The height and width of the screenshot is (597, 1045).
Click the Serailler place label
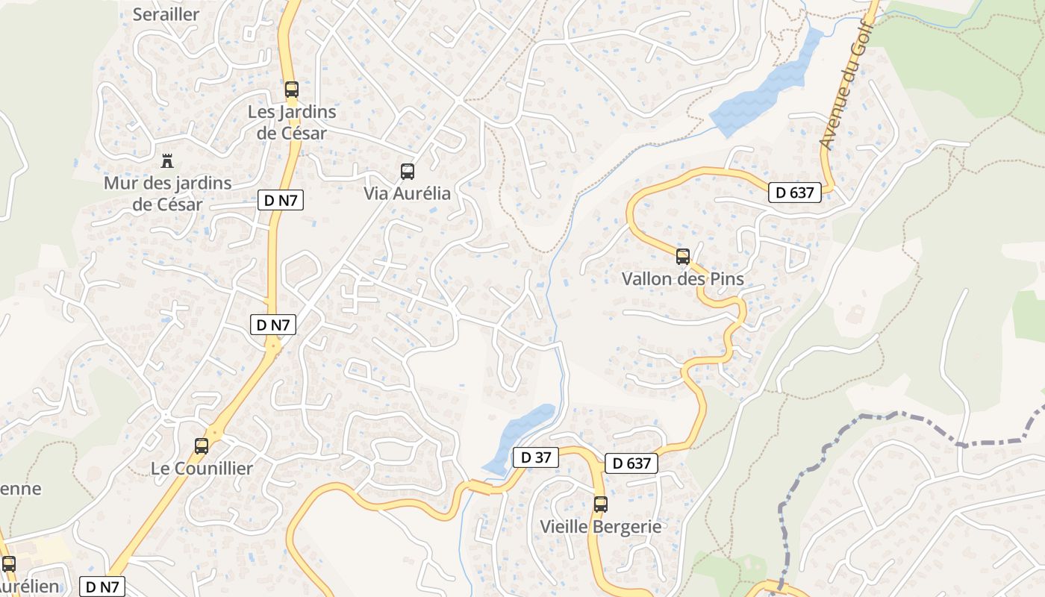pos(166,14)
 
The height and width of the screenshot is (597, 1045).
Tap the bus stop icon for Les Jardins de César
pos(292,90)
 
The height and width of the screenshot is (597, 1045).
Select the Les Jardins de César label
pos(291,122)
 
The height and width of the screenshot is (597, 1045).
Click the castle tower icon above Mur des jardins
pos(167,160)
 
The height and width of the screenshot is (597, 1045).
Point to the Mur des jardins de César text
pos(167,193)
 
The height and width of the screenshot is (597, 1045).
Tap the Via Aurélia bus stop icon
pos(408,172)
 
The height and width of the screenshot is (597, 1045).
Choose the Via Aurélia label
pos(407,194)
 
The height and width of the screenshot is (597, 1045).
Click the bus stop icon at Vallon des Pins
pos(683,257)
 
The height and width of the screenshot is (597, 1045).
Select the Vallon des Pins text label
pos(683,279)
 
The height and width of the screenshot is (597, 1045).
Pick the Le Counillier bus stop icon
pos(202,446)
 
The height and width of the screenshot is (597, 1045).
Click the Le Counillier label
pos(202,469)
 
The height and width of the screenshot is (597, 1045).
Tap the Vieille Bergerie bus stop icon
pos(601,504)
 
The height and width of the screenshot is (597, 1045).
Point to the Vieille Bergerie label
pos(601,527)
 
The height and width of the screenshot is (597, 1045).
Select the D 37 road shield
pos(536,457)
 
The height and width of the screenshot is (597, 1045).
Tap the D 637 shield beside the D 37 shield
pos(631,463)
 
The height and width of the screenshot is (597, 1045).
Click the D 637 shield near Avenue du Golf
pos(795,193)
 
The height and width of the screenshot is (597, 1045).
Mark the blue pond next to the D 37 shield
pos(519,437)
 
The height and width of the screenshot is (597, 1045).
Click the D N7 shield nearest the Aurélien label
pos(102,587)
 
